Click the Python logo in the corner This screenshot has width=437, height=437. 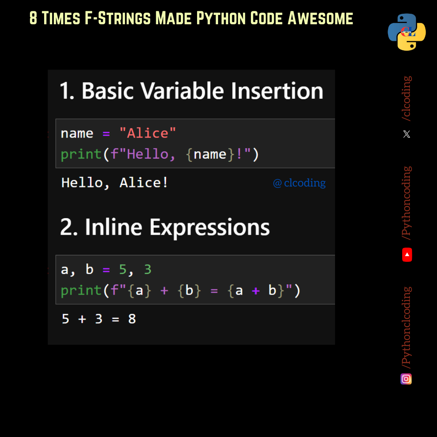point(407,32)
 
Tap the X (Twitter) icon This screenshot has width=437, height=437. point(407,134)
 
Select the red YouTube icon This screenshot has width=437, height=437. point(407,255)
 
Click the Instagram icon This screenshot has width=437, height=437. point(406,379)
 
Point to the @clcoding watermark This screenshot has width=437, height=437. point(299,183)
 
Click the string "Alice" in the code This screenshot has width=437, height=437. point(148,133)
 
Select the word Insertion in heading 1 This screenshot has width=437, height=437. point(277,91)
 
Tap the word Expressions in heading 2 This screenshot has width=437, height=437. point(210,227)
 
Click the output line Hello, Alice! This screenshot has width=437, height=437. point(115,183)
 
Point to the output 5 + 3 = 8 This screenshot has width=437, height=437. point(99,319)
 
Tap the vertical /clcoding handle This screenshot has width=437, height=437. point(407,98)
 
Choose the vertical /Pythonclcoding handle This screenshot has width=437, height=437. point(407,327)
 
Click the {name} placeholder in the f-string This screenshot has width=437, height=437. point(210,154)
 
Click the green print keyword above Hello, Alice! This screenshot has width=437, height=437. point(81,154)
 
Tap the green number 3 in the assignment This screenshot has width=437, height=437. point(148,269)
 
